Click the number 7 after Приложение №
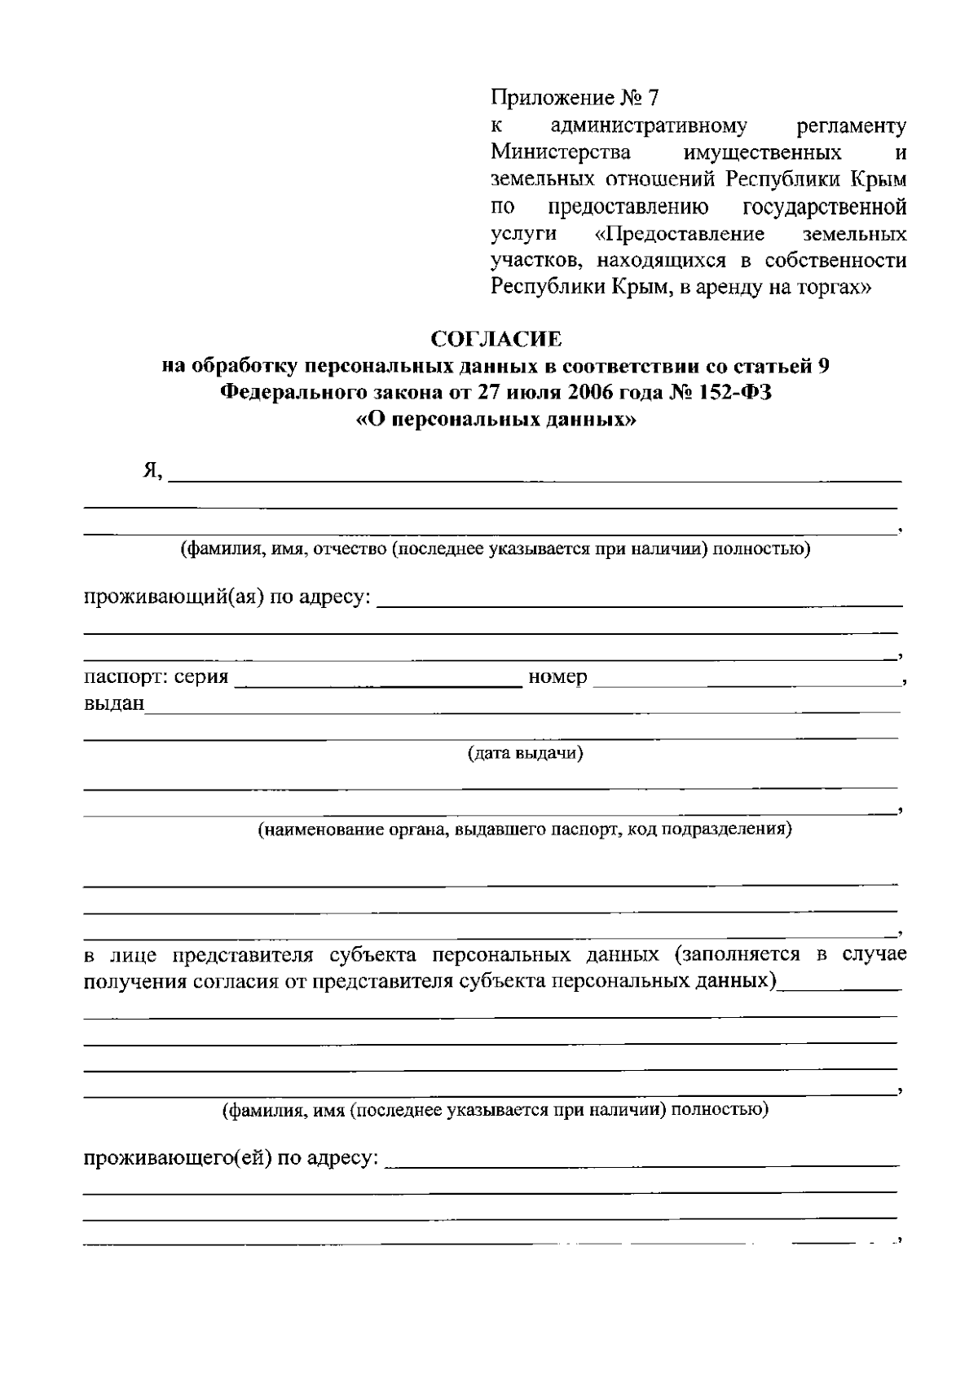[x=652, y=99]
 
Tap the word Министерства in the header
[x=561, y=152]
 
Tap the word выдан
[x=114, y=703]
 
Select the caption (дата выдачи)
[x=525, y=753]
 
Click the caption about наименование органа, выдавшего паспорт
[x=525, y=830]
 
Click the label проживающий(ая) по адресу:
[x=227, y=598]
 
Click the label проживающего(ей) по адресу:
[x=231, y=1157]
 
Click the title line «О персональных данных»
[x=496, y=421]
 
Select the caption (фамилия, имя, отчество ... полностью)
[x=496, y=548]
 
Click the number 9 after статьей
[x=823, y=366]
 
